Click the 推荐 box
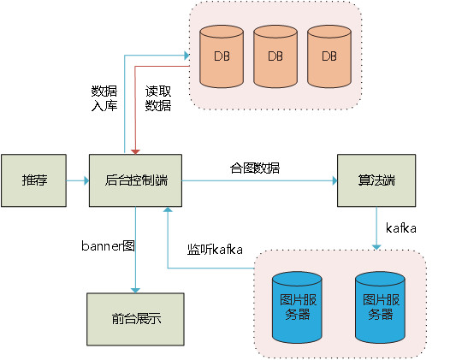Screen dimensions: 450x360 tap(34, 180)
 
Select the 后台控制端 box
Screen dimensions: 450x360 tap(135, 180)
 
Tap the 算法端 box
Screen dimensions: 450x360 tap(376, 180)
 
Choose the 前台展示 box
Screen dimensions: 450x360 tap(135, 319)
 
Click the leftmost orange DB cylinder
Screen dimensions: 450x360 tap(222, 56)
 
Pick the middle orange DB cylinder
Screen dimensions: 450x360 tap(275, 56)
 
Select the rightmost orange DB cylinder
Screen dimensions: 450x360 tap(329, 56)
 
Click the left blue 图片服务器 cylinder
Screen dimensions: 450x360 tap(297, 308)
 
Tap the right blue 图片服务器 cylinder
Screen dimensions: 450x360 tap(380, 308)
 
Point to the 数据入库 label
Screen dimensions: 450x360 tap(104, 98)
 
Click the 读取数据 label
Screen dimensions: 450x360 tap(158, 98)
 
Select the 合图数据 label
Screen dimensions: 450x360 tap(255, 168)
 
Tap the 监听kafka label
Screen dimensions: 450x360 tap(215, 250)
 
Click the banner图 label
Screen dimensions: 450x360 tap(108, 245)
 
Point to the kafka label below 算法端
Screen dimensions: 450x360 tap(401, 228)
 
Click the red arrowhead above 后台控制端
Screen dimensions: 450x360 tap(135, 151)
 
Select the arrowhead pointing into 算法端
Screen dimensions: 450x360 tap(335, 180)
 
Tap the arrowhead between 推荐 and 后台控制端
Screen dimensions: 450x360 tap(86, 180)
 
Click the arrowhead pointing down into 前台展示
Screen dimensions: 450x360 tap(135, 291)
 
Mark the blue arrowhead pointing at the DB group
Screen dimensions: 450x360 tap(187, 56)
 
